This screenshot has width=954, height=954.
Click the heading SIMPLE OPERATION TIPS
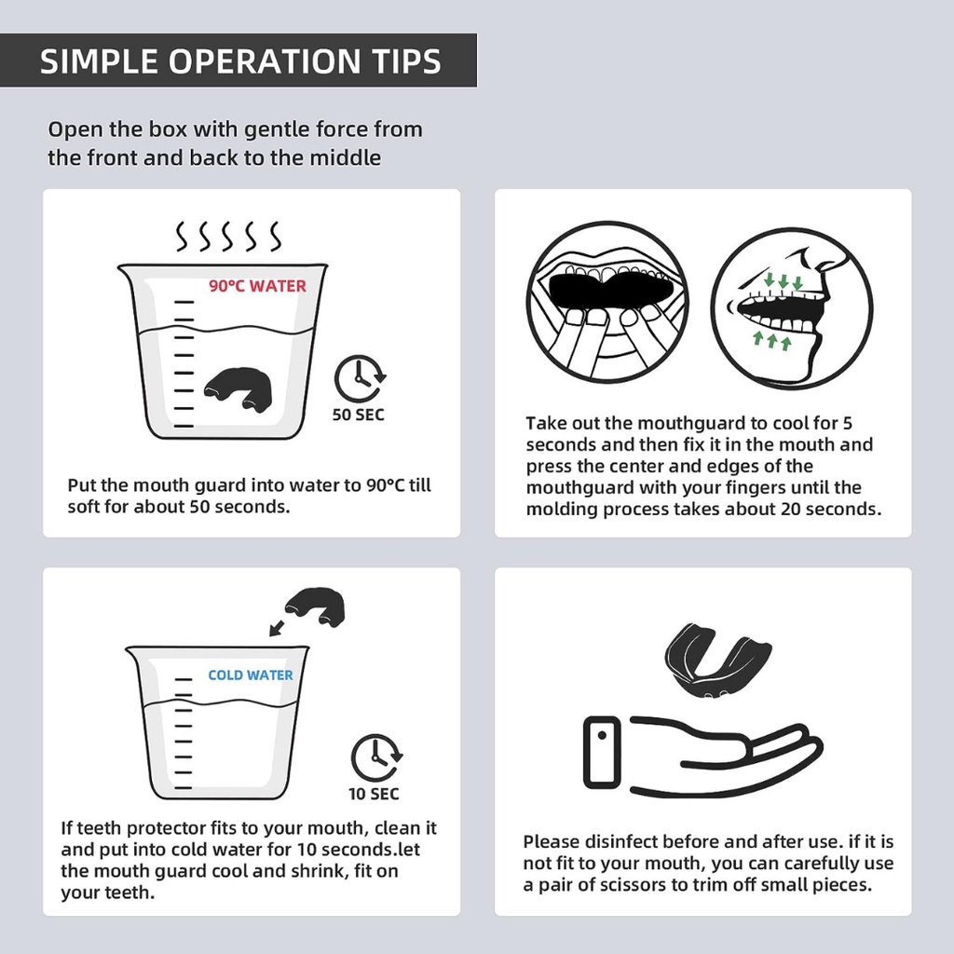point(240,61)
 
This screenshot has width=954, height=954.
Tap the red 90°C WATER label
point(257,286)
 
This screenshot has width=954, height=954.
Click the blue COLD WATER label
point(250,675)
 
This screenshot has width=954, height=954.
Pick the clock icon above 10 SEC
point(376,758)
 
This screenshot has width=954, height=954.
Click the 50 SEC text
point(359,415)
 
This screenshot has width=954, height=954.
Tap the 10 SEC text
point(375,794)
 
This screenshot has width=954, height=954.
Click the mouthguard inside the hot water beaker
point(238,388)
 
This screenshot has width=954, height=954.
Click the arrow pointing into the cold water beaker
point(277,627)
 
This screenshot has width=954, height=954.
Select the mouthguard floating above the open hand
point(717,660)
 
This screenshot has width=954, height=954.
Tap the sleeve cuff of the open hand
point(602,752)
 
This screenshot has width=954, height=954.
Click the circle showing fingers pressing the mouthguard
point(607,302)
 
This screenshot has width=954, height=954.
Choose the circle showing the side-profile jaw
point(792,308)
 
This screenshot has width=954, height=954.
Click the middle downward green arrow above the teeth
point(784,281)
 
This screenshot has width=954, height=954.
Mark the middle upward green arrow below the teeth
point(772,340)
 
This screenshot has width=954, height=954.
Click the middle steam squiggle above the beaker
point(227,236)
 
